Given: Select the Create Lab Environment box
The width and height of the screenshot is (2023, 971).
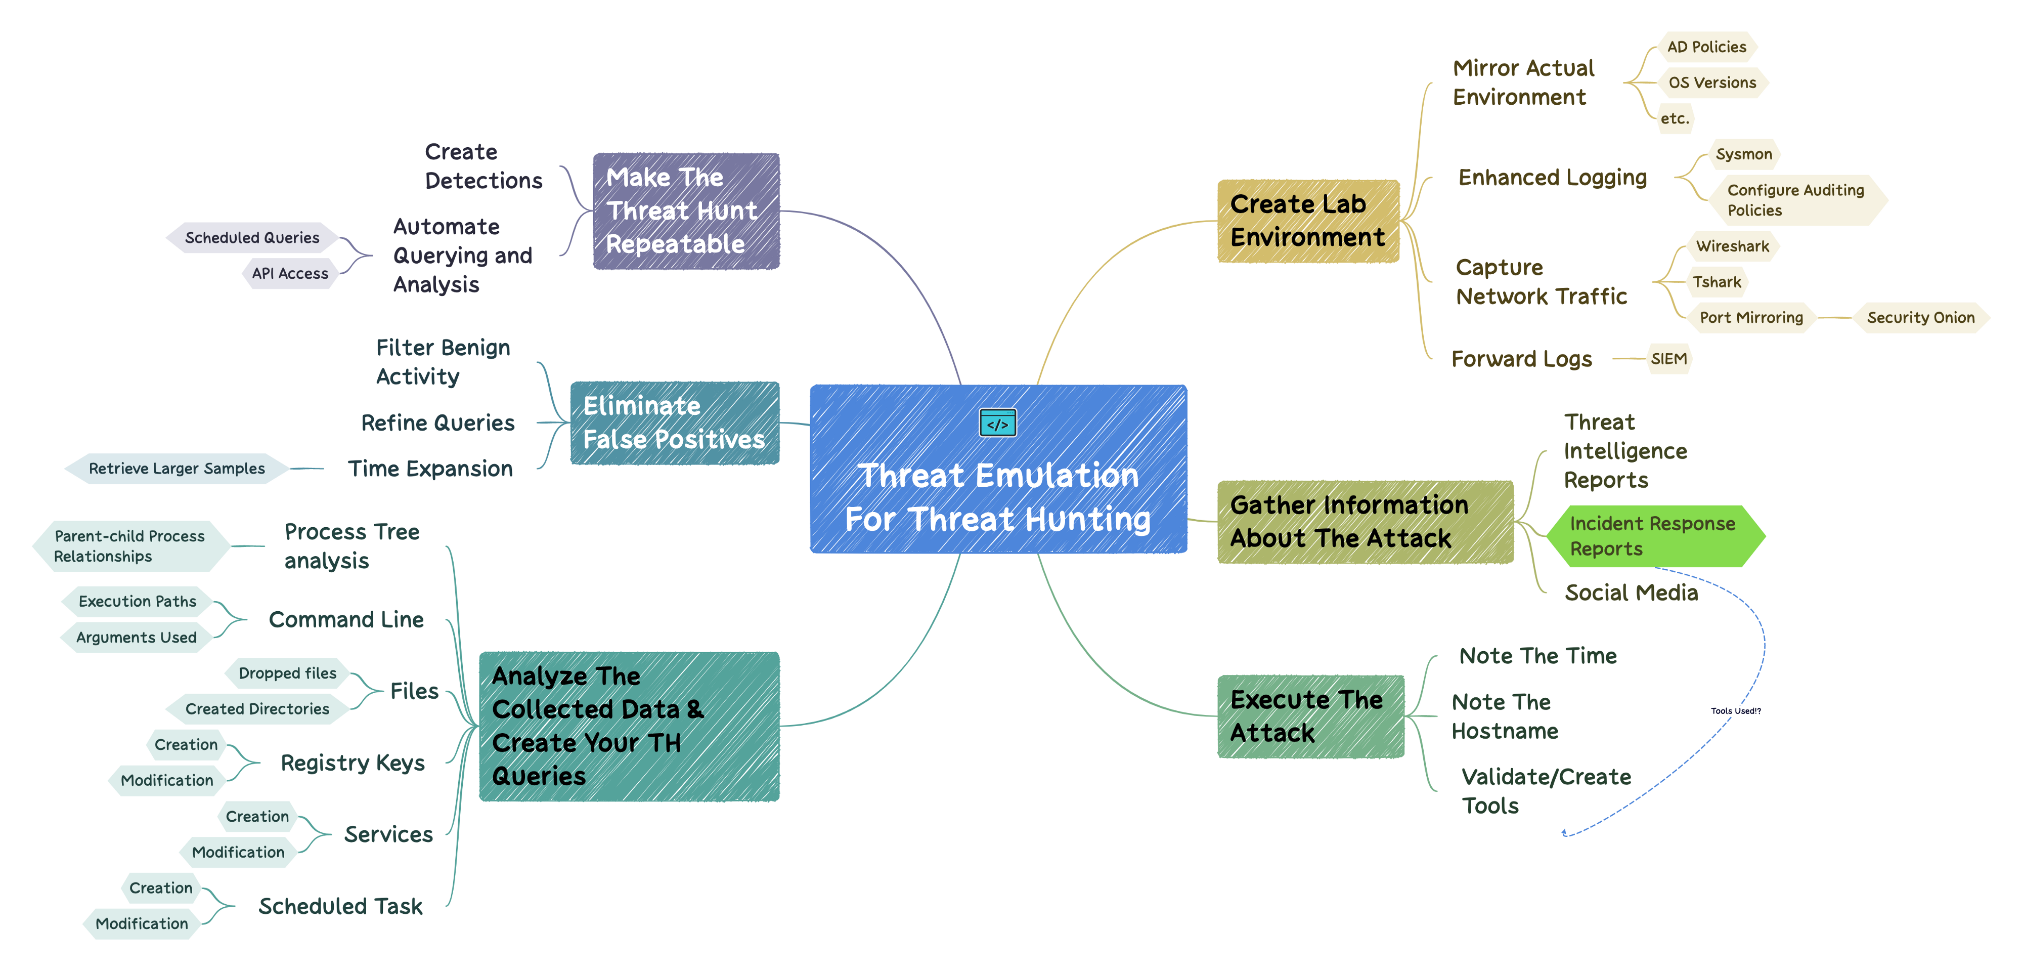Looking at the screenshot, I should point(1307,221).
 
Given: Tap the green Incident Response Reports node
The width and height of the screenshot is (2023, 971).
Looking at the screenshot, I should point(1654,536).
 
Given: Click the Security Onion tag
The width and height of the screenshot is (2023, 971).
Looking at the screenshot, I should point(1920,317).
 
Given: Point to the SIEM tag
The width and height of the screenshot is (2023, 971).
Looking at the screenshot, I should point(1668,359).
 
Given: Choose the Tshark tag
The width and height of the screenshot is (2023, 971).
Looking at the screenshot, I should point(1716,282).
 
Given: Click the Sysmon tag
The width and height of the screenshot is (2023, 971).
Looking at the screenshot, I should point(1743,154).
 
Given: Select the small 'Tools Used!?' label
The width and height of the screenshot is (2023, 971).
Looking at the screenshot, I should point(1736,711).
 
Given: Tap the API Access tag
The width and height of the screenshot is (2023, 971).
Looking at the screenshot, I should point(290,273).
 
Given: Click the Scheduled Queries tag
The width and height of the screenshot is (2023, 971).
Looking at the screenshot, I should point(252,237).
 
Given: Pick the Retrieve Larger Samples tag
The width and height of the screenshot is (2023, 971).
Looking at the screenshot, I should point(177,468).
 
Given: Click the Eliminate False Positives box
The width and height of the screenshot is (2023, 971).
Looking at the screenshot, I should point(674,423).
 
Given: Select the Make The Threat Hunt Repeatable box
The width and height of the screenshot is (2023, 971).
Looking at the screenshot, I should point(686,210).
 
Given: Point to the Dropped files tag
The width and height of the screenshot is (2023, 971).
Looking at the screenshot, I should point(287,673).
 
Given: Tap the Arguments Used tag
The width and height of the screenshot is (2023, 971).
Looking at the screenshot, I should point(136,637).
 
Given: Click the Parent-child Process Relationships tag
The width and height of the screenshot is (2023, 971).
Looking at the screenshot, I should point(129,546).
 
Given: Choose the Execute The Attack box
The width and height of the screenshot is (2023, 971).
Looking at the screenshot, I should point(1310,715).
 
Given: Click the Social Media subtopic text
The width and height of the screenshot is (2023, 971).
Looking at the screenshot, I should point(1631,593).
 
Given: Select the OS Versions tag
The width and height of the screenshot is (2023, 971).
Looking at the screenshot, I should point(1712,82).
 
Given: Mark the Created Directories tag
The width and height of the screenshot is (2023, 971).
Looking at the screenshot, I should point(257,708).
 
